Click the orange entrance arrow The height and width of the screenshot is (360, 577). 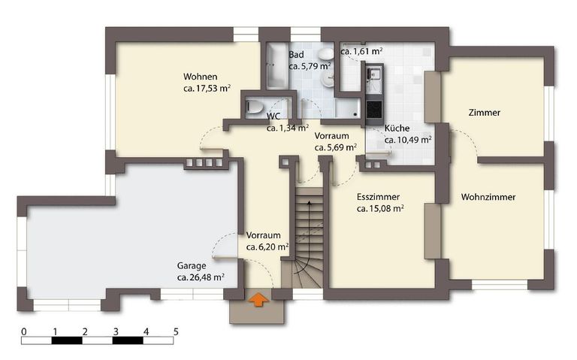pyautogui.click(x=258, y=299)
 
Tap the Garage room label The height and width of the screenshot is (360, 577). pyautogui.click(x=192, y=266)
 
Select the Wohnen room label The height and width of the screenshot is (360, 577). pyautogui.click(x=200, y=77)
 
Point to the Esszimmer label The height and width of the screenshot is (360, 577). pyautogui.click(x=378, y=197)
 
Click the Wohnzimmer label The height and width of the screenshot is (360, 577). pyautogui.click(x=488, y=197)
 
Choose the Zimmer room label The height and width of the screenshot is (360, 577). pyautogui.click(x=485, y=113)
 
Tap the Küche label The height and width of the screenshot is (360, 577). pyautogui.click(x=397, y=128)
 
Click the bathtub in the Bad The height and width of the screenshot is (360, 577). pyautogui.click(x=276, y=66)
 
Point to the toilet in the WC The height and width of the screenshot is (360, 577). pyautogui.click(x=253, y=107)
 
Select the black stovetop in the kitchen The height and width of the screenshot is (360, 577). pyautogui.click(x=374, y=108)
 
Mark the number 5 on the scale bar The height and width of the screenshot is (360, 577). pyautogui.click(x=176, y=331)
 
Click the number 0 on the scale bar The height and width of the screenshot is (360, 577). pyautogui.click(x=24, y=331)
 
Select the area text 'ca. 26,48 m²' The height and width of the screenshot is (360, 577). pyautogui.click(x=201, y=277)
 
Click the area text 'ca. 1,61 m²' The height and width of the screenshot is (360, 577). pyautogui.click(x=361, y=52)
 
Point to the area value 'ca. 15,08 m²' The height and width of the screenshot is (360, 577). pyautogui.click(x=380, y=209)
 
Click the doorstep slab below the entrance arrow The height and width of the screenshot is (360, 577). pyautogui.click(x=257, y=311)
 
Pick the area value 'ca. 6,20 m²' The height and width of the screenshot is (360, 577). pyautogui.click(x=267, y=247)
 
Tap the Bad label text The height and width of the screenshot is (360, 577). pyautogui.click(x=296, y=55)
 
